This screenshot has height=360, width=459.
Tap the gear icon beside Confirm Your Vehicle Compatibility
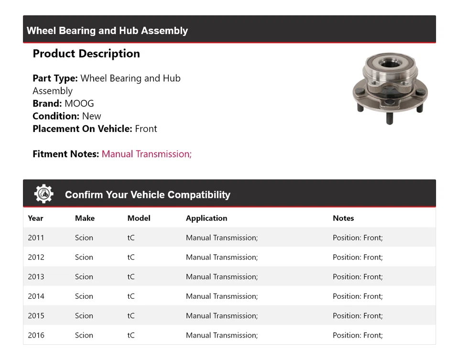tap(44, 194)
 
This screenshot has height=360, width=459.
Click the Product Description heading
tap(86, 54)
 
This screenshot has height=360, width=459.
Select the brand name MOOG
tap(79, 103)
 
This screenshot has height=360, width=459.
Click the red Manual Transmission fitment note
tap(146, 154)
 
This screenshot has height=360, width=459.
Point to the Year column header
tap(35, 218)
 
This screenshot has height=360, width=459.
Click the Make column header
tap(85, 218)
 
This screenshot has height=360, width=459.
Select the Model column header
tap(139, 218)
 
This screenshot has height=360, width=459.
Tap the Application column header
tap(207, 218)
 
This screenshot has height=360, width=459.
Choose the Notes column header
tap(343, 218)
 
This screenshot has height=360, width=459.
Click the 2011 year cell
tap(36, 238)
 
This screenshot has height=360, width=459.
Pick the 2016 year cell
tap(36, 335)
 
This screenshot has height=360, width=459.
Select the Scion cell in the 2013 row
tap(84, 277)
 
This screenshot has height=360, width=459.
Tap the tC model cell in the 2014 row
tap(131, 296)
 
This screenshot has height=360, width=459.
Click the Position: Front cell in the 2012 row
tap(358, 257)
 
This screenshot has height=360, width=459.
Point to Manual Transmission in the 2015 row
tap(221, 316)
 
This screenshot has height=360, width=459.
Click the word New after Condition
tap(91, 116)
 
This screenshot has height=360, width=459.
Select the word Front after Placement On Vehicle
tap(146, 129)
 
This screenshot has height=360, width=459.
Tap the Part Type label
tap(55, 78)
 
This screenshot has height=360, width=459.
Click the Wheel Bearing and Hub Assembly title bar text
tap(107, 31)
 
